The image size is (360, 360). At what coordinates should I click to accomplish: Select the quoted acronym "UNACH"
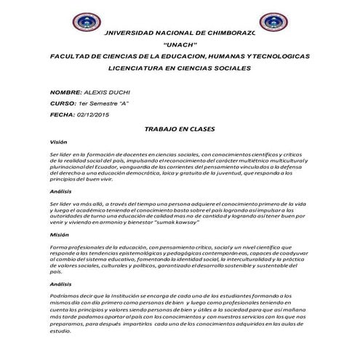click(180, 45)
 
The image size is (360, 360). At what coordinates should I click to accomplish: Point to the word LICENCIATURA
click(136, 68)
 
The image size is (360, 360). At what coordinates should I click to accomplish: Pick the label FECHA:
click(62, 115)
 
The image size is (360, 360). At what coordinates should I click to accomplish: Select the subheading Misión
click(59, 236)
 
